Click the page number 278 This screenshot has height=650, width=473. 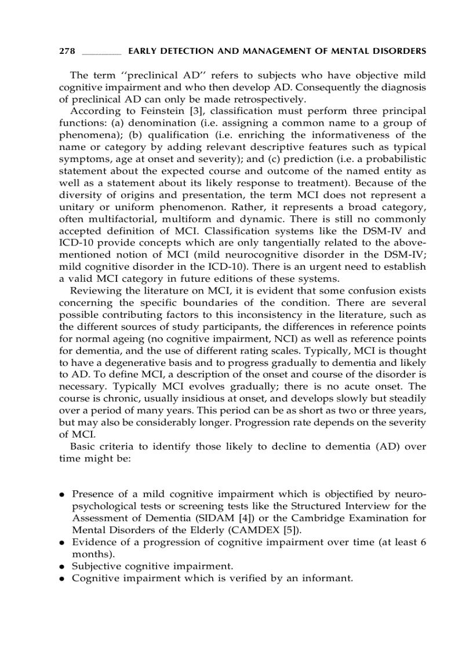click(x=67, y=52)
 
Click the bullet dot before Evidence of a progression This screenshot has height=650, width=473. click(x=61, y=543)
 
